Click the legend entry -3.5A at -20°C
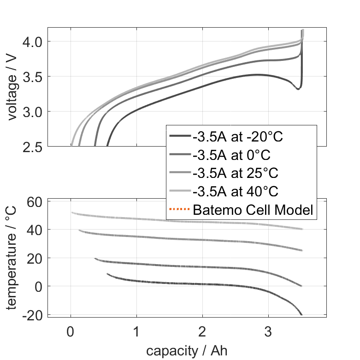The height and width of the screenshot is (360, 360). click(238, 137)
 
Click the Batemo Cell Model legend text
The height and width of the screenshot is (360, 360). click(253, 210)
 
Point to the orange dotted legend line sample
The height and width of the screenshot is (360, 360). click(180, 210)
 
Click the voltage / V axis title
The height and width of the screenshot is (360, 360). click(12, 88)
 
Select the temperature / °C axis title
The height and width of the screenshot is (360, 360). click(12, 257)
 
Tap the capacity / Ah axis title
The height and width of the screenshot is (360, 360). click(187, 351)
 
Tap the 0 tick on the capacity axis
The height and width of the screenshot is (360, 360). click(71, 331)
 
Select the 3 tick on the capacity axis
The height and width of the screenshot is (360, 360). click(268, 331)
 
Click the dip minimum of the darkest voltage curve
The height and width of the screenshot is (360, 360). click(298, 89)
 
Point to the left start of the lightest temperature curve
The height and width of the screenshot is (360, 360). click(72, 212)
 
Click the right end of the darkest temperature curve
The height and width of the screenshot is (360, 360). click(301, 314)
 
